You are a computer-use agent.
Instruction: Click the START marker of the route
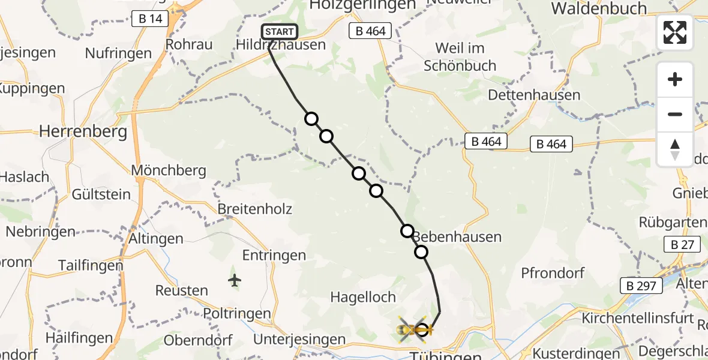pyautogui.click(x=279, y=32)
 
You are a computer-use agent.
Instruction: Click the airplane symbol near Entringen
pyautogui.click(x=235, y=280)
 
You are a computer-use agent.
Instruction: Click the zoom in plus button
pyautogui.click(x=675, y=79)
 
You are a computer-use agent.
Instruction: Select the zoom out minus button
pyautogui.click(x=675, y=114)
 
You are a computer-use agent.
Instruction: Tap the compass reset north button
pyautogui.click(x=675, y=149)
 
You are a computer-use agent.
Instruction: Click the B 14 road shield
pyautogui.click(x=150, y=19)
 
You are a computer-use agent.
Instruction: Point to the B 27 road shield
pyautogui.click(x=682, y=244)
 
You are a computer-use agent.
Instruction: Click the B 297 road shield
pyautogui.click(x=641, y=286)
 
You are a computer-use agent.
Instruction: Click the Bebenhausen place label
pyautogui.click(x=457, y=236)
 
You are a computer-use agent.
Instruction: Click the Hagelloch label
pyautogui.click(x=363, y=297)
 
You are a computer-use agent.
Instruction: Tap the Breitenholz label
pyautogui.click(x=255, y=209)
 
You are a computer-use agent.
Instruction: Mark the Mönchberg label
pyautogui.click(x=169, y=170)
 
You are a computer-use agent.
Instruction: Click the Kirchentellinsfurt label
pyautogui.click(x=637, y=318)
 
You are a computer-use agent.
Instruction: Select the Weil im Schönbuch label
pyautogui.click(x=460, y=56)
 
